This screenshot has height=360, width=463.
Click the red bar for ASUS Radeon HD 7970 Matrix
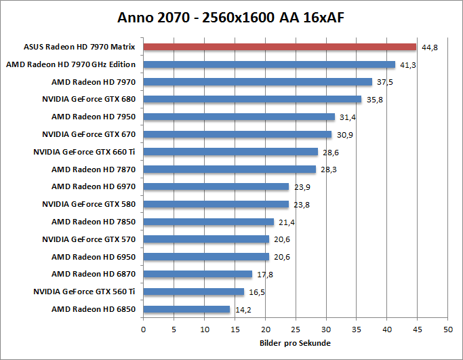tap(279, 47)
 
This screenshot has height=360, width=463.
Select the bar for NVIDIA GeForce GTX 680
tap(252, 99)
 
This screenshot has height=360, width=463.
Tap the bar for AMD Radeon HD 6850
tap(186, 309)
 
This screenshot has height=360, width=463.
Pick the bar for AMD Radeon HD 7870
tap(230, 169)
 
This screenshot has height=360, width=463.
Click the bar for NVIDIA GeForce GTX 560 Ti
tap(193, 292)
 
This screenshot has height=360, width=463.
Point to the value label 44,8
tap(429, 47)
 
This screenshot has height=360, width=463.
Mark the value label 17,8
tap(264, 275)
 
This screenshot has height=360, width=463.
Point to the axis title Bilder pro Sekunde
tap(295, 343)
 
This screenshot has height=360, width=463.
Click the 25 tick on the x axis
tap(296, 329)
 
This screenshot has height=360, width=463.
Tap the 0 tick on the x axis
tap(143, 329)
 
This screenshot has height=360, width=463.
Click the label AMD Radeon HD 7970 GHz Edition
tap(71, 64)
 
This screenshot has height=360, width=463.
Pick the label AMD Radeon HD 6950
tap(94, 257)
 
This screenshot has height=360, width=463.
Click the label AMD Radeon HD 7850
tap(94, 222)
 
